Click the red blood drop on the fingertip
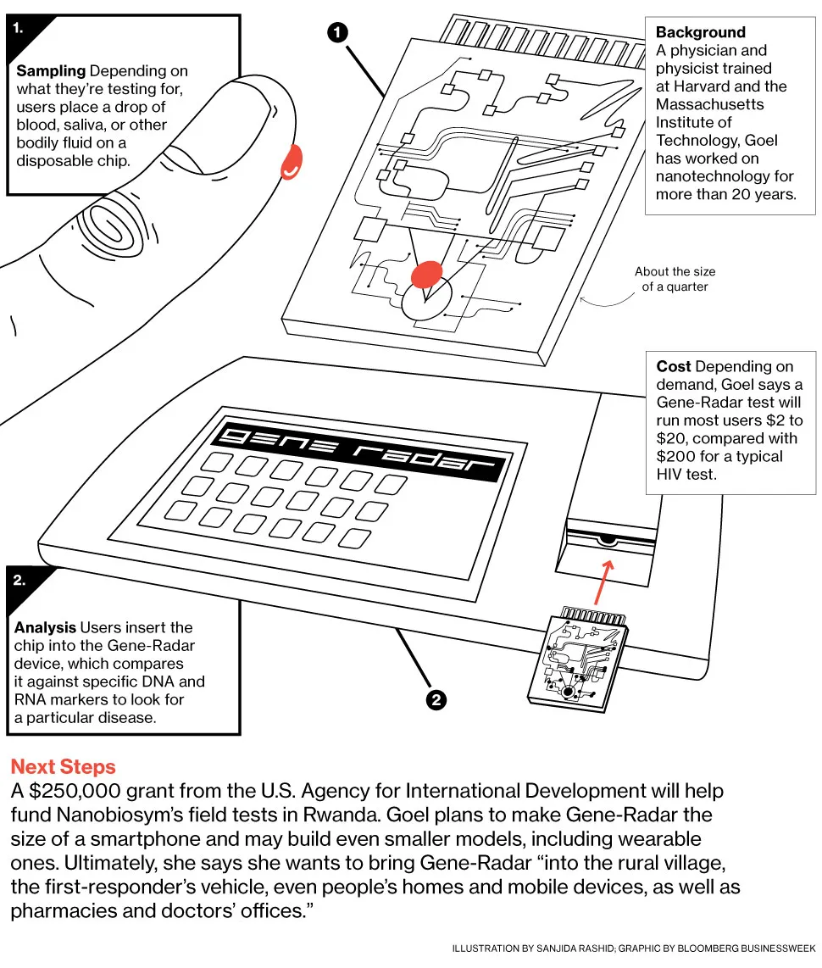292,162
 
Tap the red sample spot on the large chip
426,273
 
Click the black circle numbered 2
436,699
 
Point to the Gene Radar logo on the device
360,450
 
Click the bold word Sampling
51,71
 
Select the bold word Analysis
45,628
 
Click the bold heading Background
700,32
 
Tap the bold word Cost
674,366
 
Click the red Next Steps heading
63,767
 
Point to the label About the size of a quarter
675,279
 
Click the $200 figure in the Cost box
674,456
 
